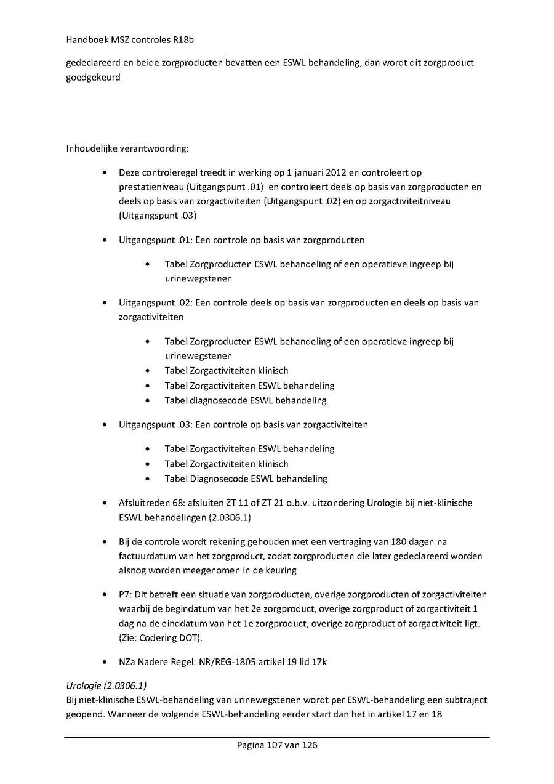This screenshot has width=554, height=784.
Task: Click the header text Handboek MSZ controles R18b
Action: pyautogui.click(x=126, y=40)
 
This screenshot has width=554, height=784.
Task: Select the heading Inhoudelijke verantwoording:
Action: pyautogui.click(x=127, y=148)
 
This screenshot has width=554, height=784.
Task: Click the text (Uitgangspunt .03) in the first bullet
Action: pyautogui.click(x=158, y=216)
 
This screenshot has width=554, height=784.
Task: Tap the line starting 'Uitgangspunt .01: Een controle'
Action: pyautogui.click(x=241, y=240)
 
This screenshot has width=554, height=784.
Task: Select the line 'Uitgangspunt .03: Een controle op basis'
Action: pyautogui.click(x=243, y=424)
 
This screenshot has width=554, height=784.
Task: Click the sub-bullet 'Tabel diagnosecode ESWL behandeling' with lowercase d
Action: pyautogui.click(x=245, y=400)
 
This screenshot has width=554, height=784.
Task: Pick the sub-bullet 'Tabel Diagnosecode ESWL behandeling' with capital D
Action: pyautogui.click(x=246, y=479)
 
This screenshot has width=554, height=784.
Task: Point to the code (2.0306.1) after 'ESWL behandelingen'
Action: pyautogui.click(x=228, y=517)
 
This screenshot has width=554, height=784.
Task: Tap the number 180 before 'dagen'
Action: pyautogui.click(x=406, y=541)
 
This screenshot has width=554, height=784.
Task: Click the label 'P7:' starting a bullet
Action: pyautogui.click(x=126, y=594)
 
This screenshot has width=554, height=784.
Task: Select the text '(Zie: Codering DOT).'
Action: pyautogui.click(x=161, y=637)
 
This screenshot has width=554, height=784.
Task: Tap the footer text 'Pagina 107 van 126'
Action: pyautogui.click(x=277, y=745)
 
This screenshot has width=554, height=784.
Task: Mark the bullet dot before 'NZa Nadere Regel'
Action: pyautogui.click(x=107, y=662)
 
